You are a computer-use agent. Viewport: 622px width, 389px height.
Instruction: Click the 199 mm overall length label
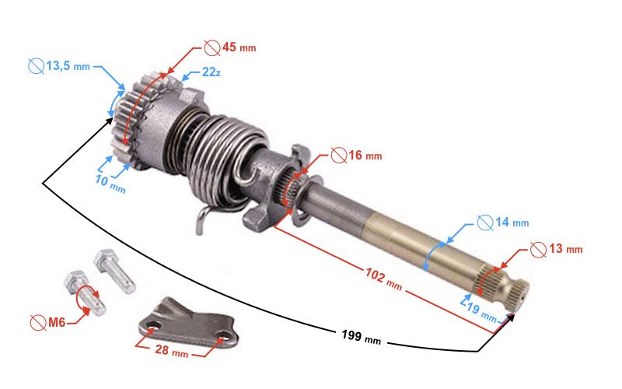tap(361, 338)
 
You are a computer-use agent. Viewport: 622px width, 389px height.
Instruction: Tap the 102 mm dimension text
tap(383, 278)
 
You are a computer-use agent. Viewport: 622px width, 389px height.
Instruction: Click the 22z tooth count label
tap(211, 72)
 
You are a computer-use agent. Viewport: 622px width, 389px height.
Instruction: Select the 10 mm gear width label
tap(110, 184)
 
